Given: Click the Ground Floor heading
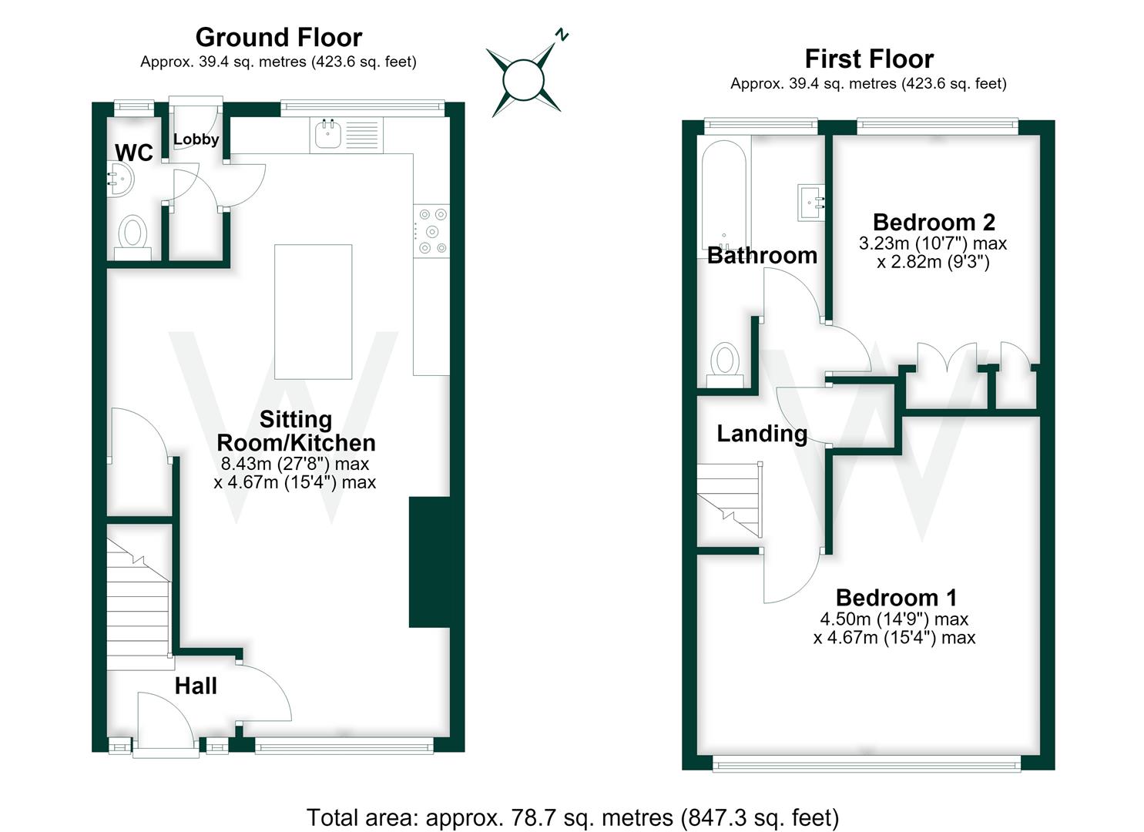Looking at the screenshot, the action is pos(279,37).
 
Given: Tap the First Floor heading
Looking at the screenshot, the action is pos(869,59).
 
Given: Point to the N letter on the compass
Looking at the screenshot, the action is pos(562,35).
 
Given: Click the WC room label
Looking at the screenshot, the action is pos(134,153).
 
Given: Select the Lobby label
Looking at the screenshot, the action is pos(196,139).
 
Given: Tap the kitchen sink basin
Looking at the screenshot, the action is pos(325,134).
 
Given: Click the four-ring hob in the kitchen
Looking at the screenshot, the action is pos(431,231).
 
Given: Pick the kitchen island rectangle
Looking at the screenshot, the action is pos(313,311).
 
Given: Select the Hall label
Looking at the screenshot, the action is pos(196,686).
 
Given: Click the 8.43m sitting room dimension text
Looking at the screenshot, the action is pos(295,464).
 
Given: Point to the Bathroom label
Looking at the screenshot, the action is pos(762,255).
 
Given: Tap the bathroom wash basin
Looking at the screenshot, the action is pos(811,203).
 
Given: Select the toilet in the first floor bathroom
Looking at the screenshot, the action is pos(725,364).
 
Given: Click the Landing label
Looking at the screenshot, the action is pos(762,434).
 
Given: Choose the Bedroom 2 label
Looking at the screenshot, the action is pos(934,223).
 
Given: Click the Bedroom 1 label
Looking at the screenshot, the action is pos(896,598).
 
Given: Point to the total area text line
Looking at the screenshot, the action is pos(572,817).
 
